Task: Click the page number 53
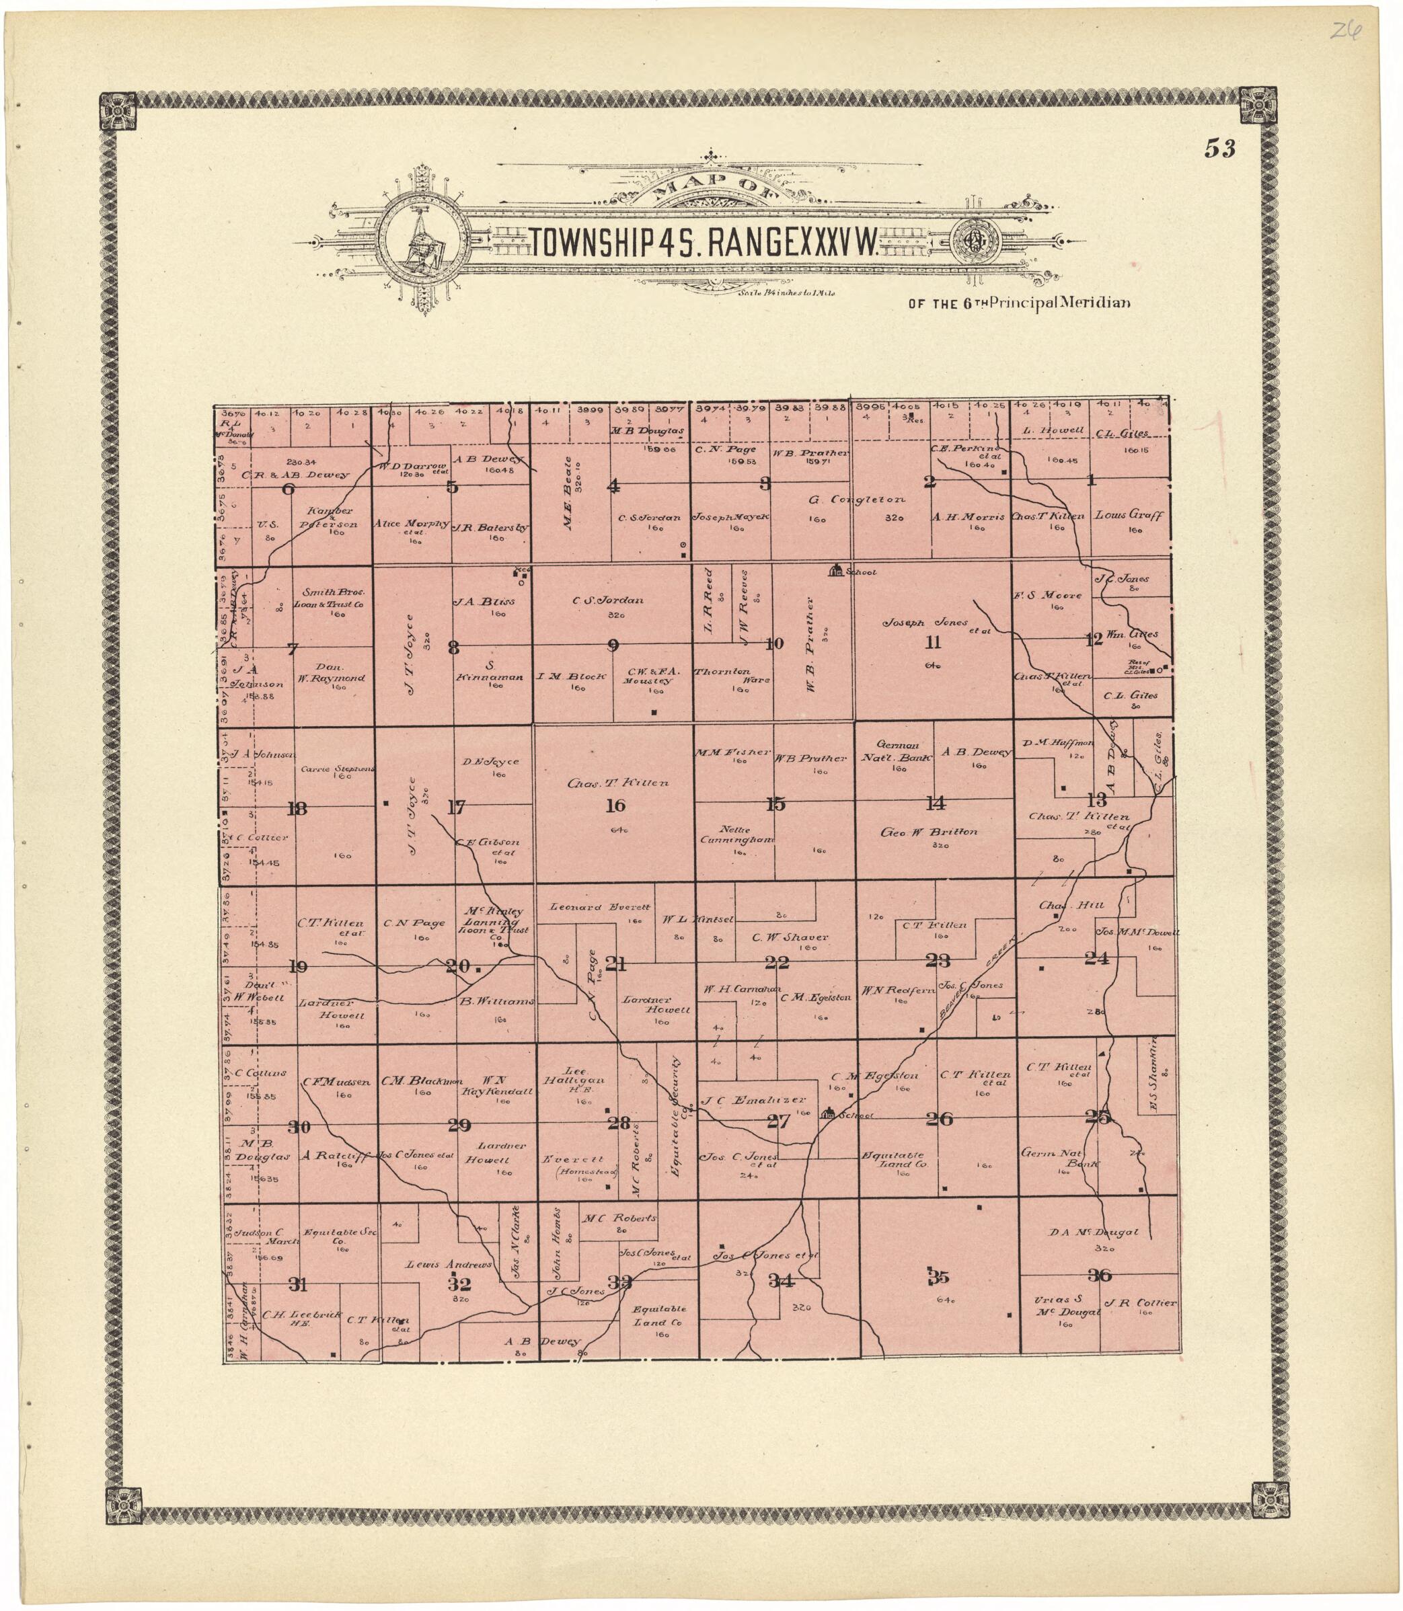pos(1220,149)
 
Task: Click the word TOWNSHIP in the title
pos(593,245)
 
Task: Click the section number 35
pos(938,1278)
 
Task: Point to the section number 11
pos(932,643)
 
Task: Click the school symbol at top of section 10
pos(835,571)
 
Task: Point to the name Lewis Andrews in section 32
pos(448,1264)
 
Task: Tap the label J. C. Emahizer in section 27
pos(753,1100)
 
